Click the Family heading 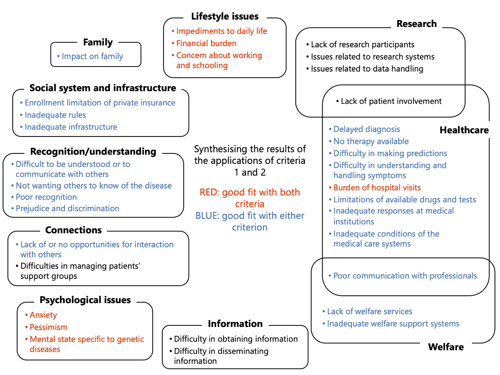point(98,42)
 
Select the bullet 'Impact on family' point(92,57)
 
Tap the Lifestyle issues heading point(225,17)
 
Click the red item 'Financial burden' point(206,43)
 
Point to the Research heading point(417,24)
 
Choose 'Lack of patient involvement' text point(391,101)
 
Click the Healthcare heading point(464,130)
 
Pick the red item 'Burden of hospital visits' point(377,188)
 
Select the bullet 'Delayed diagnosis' point(367,129)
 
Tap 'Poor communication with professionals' point(405,276)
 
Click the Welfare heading point(446,347)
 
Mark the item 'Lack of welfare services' point(370,312)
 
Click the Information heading point(235,324)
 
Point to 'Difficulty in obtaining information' point(236,339)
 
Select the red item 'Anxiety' point(43,315)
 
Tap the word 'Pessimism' point(48,327)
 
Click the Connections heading point(73,230)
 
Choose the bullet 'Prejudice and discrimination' point(67,208)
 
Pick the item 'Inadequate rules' point(55,115)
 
